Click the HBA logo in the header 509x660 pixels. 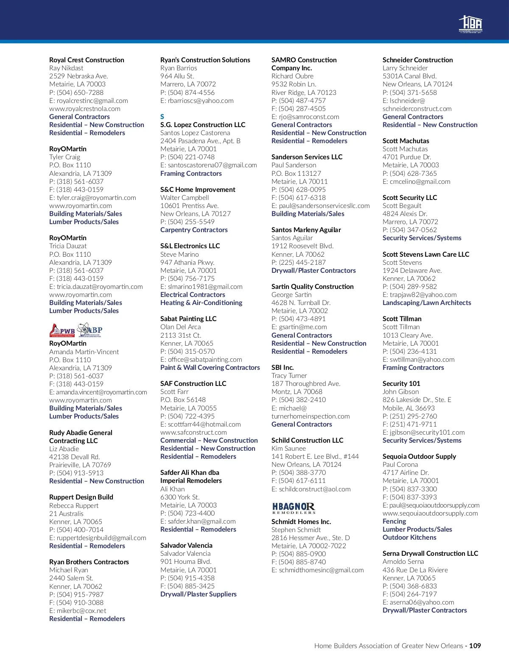(470, 24)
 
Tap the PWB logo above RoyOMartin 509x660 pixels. (62, 330)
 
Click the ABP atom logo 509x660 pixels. (90, 330)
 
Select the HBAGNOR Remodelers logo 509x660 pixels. (294, 508)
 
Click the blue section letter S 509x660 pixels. (162, 116)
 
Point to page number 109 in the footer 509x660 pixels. (475, 646)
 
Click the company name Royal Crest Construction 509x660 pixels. (87, 60)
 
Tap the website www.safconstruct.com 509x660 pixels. (193, 432)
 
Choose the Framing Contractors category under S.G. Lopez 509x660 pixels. (191, 173)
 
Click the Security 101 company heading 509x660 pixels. (401, 383)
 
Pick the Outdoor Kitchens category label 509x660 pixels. (409, 537)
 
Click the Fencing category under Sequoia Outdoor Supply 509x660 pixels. (394, 521)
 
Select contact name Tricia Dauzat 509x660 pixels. (68, 246)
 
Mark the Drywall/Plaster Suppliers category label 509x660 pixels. (199, 594)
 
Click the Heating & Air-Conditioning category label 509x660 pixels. (201, 302)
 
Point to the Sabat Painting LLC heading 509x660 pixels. (188, 319)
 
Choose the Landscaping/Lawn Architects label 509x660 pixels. (427, 302)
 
